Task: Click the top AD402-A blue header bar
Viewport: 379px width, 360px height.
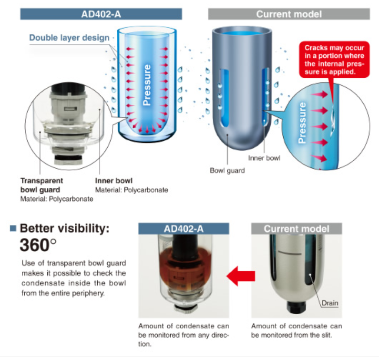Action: coord(101,14)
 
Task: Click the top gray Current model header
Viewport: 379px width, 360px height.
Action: coord(289,14)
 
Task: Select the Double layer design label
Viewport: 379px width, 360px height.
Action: coord(70,38)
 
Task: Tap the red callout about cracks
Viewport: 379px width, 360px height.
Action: coord(334,60)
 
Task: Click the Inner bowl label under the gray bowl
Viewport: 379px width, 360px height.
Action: coord(264,158)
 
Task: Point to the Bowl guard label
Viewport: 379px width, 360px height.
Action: coord(227,170)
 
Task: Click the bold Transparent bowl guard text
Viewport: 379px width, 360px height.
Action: coord(41,185)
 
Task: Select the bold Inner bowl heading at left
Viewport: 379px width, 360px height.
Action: coord(114,181)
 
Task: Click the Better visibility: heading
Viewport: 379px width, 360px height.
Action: coord(64,228)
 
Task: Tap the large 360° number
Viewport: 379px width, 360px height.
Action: coord(38,245)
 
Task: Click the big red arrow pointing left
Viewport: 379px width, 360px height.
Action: coord(241,276)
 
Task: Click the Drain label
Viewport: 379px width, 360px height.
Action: coord(330,303)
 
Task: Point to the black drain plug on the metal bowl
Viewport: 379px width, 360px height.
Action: coord(296,307)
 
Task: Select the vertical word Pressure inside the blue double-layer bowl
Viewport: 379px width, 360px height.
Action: coord(147,85)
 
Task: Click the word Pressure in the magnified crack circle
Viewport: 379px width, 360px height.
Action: coord(302,123)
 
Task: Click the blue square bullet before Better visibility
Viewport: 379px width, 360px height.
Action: coord(13,228)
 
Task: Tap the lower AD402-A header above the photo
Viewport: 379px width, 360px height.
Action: coord(184,229)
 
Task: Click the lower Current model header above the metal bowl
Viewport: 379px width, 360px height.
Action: coord(297,229)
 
